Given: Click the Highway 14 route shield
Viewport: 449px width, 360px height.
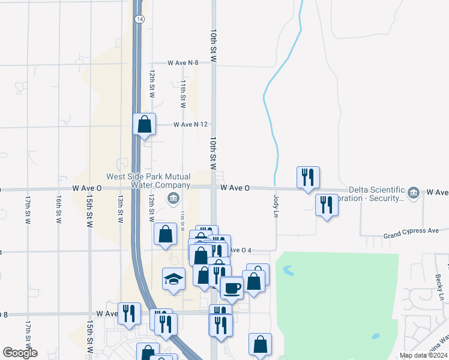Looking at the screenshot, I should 139,19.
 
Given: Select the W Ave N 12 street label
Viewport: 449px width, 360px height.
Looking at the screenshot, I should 190,125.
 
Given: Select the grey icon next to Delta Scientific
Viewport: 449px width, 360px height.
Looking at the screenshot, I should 413,193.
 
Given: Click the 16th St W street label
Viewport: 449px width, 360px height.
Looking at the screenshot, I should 59,209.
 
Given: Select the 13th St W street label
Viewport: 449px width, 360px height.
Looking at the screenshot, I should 121,209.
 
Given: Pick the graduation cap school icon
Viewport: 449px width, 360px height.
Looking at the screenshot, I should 174,279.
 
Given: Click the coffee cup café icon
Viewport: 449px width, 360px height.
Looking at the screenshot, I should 232,288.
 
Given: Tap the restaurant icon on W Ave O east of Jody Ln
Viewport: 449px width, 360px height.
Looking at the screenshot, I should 308,177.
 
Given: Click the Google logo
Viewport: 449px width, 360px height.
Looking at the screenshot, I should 20,353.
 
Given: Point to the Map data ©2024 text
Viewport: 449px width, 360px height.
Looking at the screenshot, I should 423,355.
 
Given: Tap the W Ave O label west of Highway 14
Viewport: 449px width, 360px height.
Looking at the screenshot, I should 87,188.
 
